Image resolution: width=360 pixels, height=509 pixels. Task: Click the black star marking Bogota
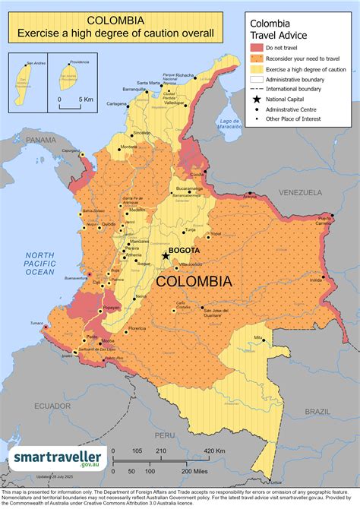[166, 256]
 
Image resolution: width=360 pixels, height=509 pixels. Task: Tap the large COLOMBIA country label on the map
[194, 280]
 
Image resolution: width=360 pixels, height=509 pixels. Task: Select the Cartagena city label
[116, 103]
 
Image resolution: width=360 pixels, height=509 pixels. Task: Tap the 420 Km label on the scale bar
[215, 451]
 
